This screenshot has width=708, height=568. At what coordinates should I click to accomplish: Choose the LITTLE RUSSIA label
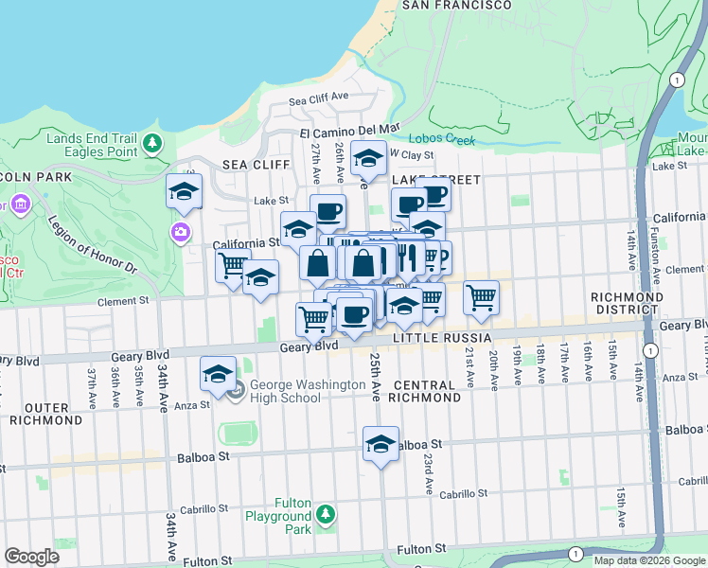tap(442, 338)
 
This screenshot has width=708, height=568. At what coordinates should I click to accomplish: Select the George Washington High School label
tap(295, 392)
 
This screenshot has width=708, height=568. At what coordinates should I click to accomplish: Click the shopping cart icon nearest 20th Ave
tap(481, 297)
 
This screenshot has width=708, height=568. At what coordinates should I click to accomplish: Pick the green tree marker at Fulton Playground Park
tap(325, 513)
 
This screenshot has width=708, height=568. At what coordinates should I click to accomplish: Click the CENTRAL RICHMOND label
tap(426, 392)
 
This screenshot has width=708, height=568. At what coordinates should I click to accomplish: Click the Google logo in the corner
tap(31, 557)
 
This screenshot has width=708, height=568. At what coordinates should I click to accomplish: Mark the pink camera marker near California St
tap(180, 232)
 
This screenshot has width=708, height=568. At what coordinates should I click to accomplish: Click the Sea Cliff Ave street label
tap(319, 98)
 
